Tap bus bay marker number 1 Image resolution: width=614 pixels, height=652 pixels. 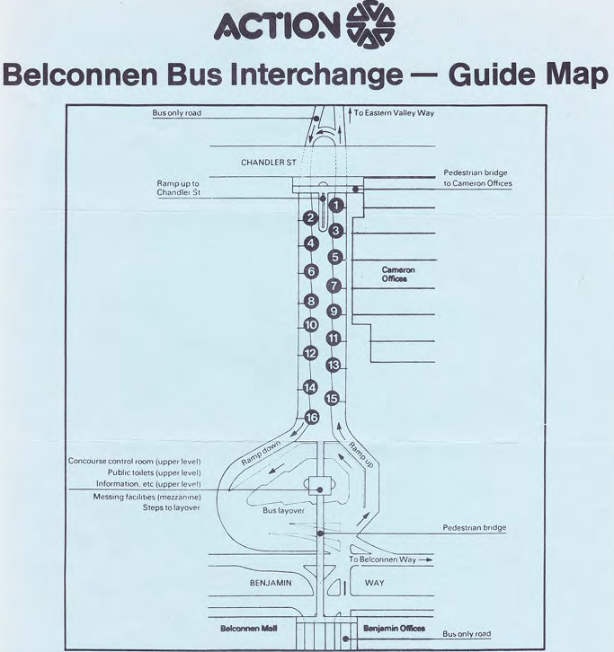335,205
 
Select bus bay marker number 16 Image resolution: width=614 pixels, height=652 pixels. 312,418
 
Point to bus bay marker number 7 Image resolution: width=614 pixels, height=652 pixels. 334,286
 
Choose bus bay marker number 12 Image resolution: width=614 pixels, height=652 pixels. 310,353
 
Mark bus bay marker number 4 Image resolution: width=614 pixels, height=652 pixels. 311,243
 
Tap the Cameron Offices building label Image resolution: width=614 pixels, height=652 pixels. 398,274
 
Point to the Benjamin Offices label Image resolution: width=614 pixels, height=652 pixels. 393,629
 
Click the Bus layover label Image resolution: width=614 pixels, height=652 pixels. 283,511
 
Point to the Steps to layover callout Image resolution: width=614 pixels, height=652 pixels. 172,507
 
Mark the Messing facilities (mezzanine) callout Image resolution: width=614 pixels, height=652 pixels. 147,496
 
